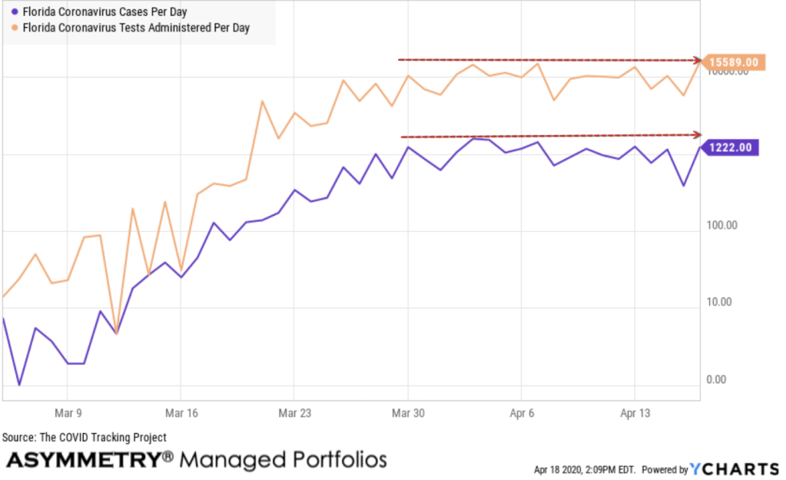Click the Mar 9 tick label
(68, 413)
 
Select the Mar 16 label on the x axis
(181, 413)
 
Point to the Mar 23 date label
(294, 413)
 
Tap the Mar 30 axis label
(408, 413)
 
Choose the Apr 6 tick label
(522, 413)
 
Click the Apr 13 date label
(635, 413)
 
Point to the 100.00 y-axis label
(721, 226)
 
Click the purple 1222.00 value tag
(731, 147)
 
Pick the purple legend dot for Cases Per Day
(15, 12)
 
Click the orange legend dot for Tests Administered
(15, 28)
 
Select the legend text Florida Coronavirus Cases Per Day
(104, 12)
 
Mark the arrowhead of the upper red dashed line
(697, 60)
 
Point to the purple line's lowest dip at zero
(20, 385)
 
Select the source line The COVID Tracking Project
(85, 438)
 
